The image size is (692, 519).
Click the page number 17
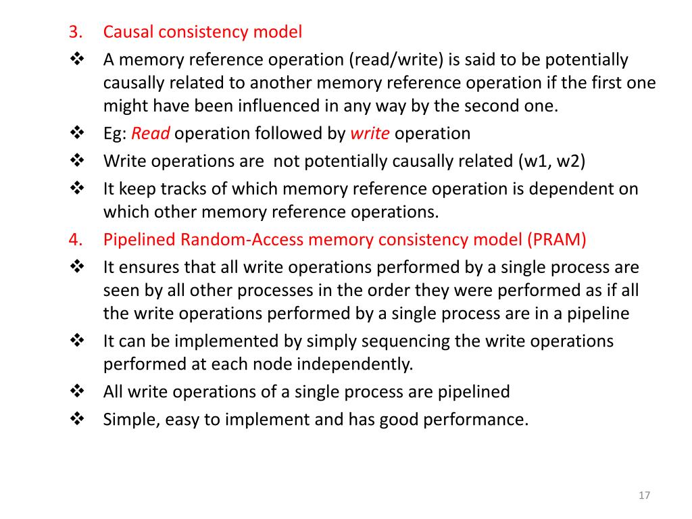(x=644, y=497)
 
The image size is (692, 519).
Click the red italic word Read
(x=150, y=133)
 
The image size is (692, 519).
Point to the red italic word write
(x=370, y=133)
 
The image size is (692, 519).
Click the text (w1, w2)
(x=551, y=162)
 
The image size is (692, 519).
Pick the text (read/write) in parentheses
(x=395, y=60)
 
